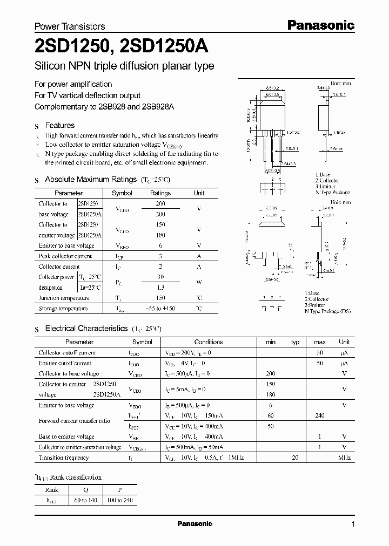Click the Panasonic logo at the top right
point(320,25)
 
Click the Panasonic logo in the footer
point(195,524)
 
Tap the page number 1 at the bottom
point(353,524)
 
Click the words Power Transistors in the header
point(70,26)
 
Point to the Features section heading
point(59,125)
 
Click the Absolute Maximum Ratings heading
point(90,179)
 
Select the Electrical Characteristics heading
point(86,328)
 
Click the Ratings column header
point(160,193)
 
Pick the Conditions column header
point(209,342)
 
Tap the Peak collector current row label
point(65,256)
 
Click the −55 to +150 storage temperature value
point(160,309)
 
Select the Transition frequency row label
point(64,458)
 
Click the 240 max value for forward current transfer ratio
point(320,415)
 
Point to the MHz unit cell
point(344,458)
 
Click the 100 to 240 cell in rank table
point(120,500)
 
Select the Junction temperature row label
point(64,298)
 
